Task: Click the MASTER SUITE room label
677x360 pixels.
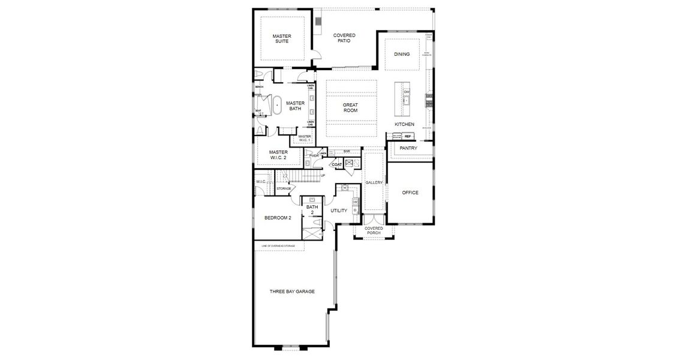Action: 281,39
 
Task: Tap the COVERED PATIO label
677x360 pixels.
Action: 344,38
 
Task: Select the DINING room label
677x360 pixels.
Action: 402,55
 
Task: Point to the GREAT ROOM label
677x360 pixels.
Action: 350,108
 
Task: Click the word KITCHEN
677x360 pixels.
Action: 404,124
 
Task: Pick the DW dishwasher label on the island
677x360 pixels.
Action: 407,92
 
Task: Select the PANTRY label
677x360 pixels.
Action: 408,148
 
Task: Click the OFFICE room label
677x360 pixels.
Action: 410,193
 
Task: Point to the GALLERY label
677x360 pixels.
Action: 374,182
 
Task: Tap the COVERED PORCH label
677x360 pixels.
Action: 374,230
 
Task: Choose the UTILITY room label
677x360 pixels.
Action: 339,211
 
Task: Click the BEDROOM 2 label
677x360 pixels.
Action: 278,218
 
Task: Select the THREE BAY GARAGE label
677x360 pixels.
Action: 292,292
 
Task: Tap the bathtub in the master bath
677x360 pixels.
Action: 277,105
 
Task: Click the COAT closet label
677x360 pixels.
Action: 336,164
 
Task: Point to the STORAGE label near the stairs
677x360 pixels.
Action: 284,188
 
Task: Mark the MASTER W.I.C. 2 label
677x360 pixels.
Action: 278,155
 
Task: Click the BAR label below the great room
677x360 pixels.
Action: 347,151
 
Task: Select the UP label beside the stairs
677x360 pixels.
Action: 323,176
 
